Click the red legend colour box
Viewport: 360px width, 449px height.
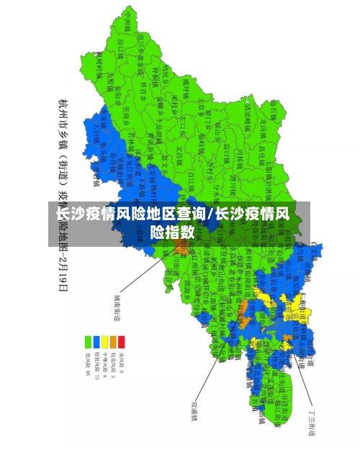[x=122, y=342]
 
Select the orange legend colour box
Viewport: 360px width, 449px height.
[x=113, y=342]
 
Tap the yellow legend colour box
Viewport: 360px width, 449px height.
[x=104, y=342]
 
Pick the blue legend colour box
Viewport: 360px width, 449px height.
[x=96, y=342]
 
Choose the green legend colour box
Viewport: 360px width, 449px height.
[x=87, y=342]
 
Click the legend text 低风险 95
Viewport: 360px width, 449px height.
[x=87, y=364]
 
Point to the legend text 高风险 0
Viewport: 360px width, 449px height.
[x=122, y=364]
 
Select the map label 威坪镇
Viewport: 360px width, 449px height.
[x=184, y=86]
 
